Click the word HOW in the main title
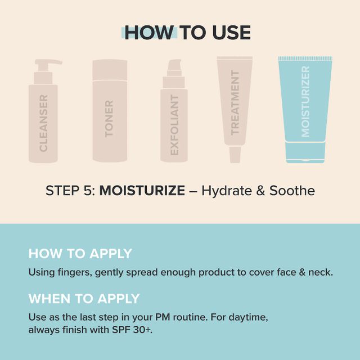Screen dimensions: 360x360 149,33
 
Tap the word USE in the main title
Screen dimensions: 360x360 231,33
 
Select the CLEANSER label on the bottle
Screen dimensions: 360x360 43,123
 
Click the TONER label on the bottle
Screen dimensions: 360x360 109,119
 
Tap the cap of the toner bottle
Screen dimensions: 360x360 110,70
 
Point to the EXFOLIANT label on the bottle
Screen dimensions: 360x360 174,125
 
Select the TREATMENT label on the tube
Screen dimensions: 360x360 235,102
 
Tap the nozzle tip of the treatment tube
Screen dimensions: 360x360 235,155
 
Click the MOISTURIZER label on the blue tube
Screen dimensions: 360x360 305,101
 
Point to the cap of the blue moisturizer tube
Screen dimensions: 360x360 305,152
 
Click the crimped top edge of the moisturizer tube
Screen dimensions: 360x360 305,58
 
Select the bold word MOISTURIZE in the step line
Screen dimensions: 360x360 142,191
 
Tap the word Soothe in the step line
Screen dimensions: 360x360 292,191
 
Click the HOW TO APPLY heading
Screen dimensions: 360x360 80,254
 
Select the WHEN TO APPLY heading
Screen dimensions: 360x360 84,299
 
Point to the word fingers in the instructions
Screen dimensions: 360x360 75,272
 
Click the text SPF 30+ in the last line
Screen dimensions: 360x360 132,330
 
